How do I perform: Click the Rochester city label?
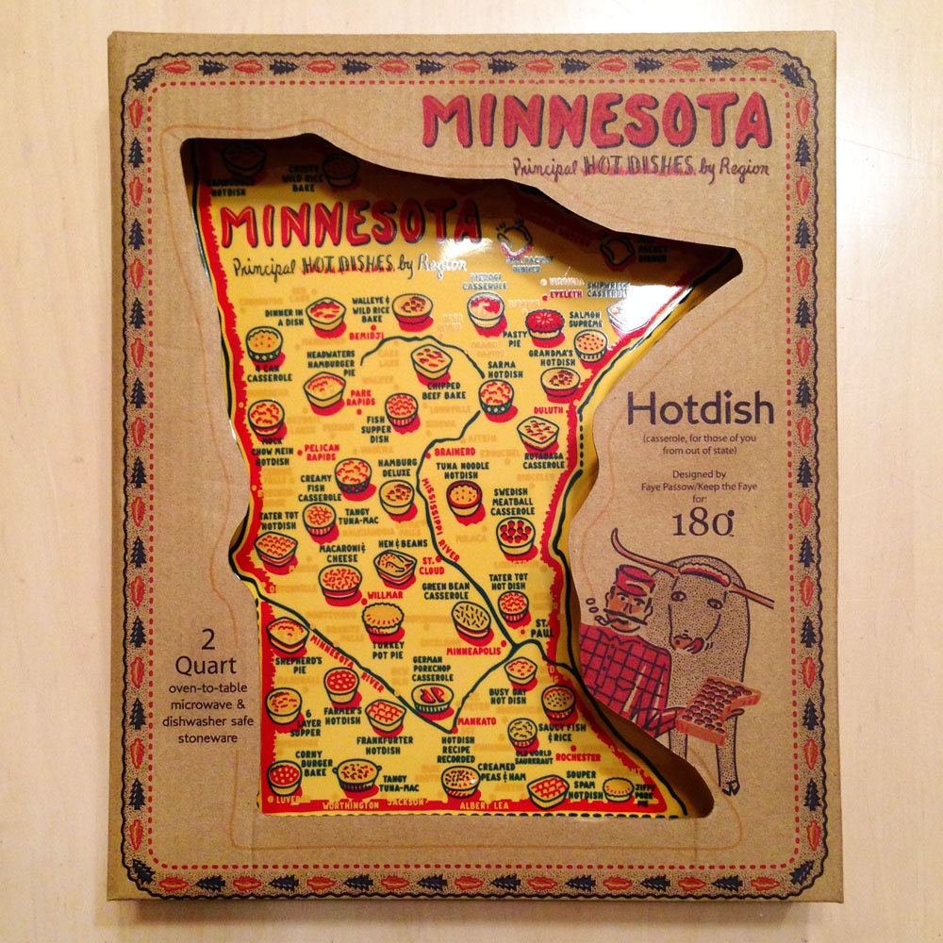[x=577, y=756]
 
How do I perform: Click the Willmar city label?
[x=385, y=596]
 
